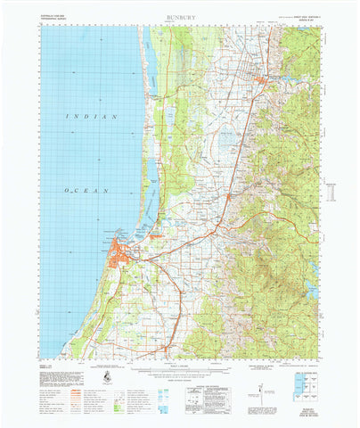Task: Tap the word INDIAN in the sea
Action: coord(91,117)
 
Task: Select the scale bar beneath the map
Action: coord(179,365)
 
